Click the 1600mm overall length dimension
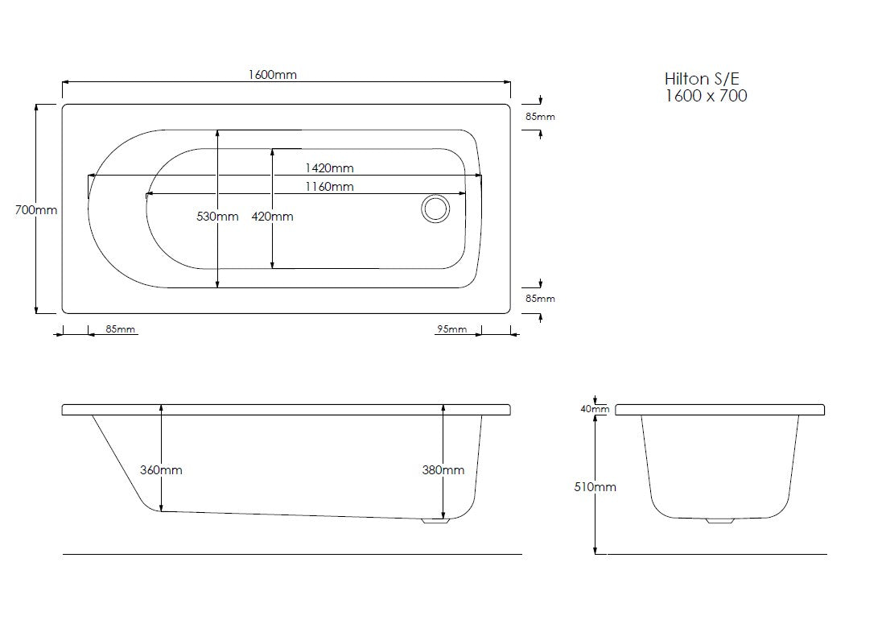273,75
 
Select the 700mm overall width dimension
36,209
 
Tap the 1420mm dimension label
329,168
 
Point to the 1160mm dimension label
329,187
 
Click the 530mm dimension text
218,216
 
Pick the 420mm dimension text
273,216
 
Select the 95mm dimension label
451,329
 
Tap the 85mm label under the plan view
121,329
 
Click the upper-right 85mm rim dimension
540,117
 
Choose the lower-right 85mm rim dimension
540,299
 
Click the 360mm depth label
162,469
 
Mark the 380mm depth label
443,469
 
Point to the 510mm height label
595,486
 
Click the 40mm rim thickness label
595,409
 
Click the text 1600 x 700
706,96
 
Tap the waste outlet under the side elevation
435,521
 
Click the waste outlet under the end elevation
719,521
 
